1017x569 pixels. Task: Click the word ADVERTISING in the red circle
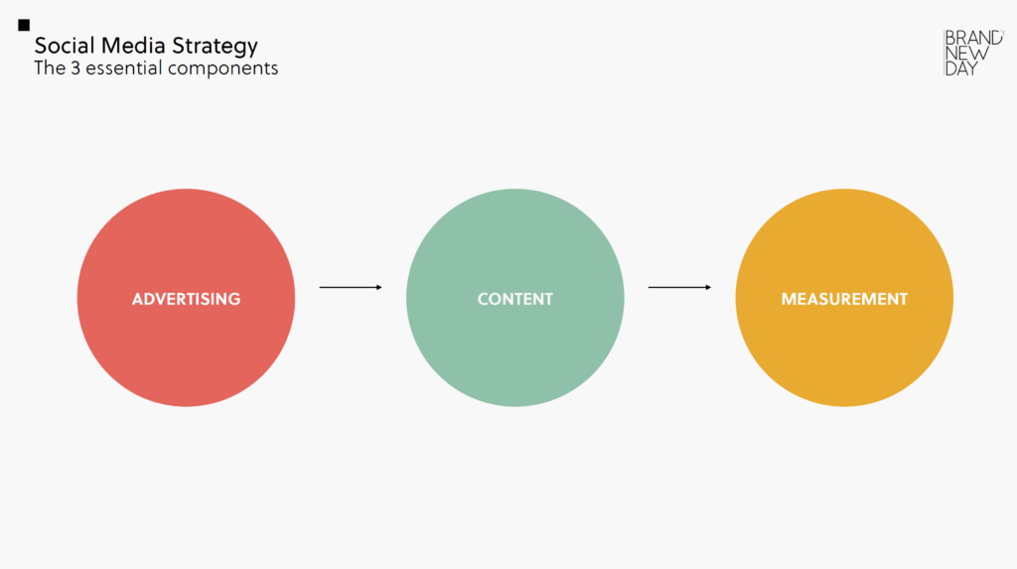(186, 299)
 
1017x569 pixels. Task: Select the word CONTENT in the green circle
(515, 299)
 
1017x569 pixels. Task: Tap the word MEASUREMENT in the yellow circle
(844, 299)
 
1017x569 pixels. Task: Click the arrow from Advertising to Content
(351, 287)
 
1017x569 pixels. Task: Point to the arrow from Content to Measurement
(679, 287)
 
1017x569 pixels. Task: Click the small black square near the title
(24, 25)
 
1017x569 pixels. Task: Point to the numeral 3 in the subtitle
(75, 69)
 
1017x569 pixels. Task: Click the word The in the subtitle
(50, 69)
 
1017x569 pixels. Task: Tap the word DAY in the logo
(961, 69)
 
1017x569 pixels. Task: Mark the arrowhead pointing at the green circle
(378, 287)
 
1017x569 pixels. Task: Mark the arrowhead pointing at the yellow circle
(708, 287)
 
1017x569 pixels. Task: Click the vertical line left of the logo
(944, 54)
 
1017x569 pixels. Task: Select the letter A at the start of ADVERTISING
(137, 299)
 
